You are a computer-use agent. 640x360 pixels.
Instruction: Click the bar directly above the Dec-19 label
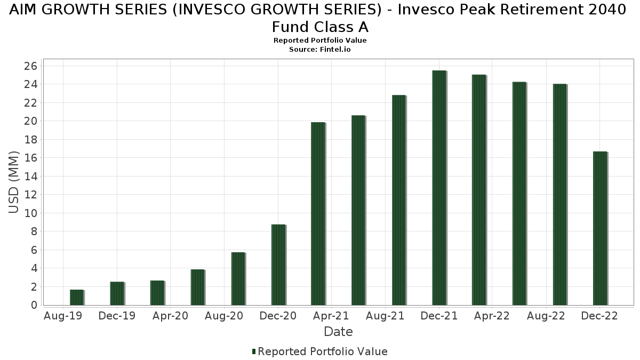click(x=117, y=293)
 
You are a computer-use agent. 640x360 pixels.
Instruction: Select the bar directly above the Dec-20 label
click(x=278, y=265)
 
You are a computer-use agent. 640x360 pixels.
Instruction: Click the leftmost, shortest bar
click(x=77, y=297)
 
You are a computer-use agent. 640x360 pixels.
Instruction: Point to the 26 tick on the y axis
click(x=30, y=66)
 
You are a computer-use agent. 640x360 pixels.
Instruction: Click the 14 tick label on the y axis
click(x=30, y=177)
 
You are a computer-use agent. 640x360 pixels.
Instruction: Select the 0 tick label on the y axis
click(x=33, y=305)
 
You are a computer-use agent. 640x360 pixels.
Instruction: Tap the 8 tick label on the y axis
click(x=33, y=231)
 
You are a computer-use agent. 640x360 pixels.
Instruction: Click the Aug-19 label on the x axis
click(x=62, y=316)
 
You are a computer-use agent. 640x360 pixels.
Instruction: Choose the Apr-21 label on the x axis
click(x=331, y=316)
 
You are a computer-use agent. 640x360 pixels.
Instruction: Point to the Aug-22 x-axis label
click(x=546, y=316)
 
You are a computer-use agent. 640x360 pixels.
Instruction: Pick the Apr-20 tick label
click(x=170, y=316)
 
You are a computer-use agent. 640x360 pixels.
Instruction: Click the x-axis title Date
click(x=338, y=332)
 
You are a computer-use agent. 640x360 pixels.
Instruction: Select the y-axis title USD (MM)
click(x=14, y=182)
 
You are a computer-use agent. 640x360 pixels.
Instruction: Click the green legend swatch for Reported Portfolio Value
click(x=254, y=351)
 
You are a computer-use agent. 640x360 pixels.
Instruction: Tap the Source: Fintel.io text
click(x=320, y=49)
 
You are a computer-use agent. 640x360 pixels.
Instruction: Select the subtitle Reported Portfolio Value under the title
click(x=320, y=41)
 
